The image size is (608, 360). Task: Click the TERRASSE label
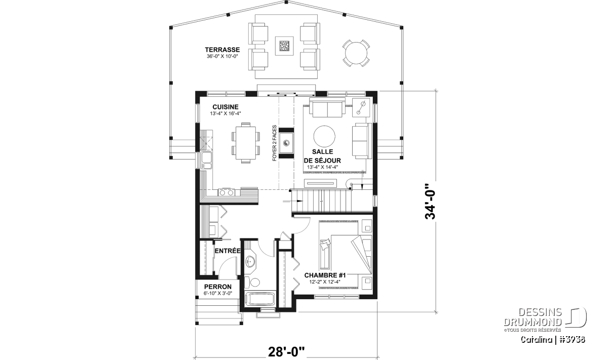pyautogui.click(x=222, y=50)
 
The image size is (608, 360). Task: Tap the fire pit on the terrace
pyautogui.click(x=284, y=46)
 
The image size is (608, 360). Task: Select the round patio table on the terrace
pyautogui.click(x=356, y=53)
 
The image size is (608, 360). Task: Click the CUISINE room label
pyautogui.click(x=225, y=107)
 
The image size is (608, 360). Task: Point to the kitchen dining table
pyautogui.click(x=246, y=143)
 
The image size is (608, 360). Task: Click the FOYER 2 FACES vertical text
pyautogui.click(x=275, y=143)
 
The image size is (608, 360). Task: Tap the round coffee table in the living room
pyautogui.click(x=324, y=137)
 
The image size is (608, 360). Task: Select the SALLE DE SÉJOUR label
pyautogui.click(x=322, y=156)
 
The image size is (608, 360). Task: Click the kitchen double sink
pyautogui.click(x=207, y=161)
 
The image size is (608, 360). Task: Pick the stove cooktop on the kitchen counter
pyautogui.click(x=226, y=192)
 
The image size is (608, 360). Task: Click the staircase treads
pyautogui.click(x=321, y=201)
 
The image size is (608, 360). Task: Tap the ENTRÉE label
pyautogui.click(x=227, y=251)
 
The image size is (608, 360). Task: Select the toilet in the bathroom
pyautogui.click(x=253, y=283)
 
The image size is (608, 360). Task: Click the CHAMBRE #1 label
pyautogui.click(x=325, y=275)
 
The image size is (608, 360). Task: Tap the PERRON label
pyautogui.click(x=218, y=287)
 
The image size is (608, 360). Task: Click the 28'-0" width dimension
pyautogui.click(x=286, y=352)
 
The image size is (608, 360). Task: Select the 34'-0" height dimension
pyautogui.click(x=430, y=202)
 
